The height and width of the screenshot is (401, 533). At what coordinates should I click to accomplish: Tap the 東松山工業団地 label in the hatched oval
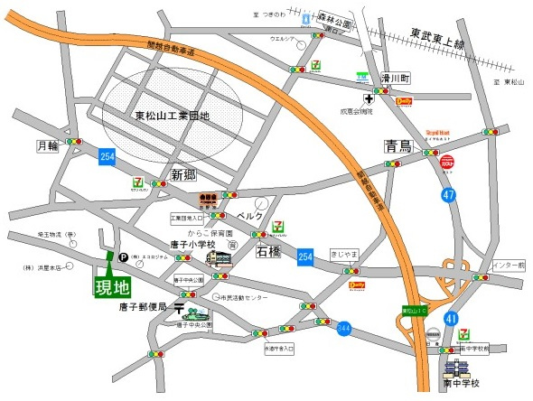(172, 116)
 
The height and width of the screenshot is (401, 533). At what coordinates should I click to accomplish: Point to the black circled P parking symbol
(113, 256)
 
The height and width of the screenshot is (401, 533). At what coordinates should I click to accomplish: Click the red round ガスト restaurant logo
(447, 163)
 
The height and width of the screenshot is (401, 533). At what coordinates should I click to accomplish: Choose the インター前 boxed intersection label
(509, 266)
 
